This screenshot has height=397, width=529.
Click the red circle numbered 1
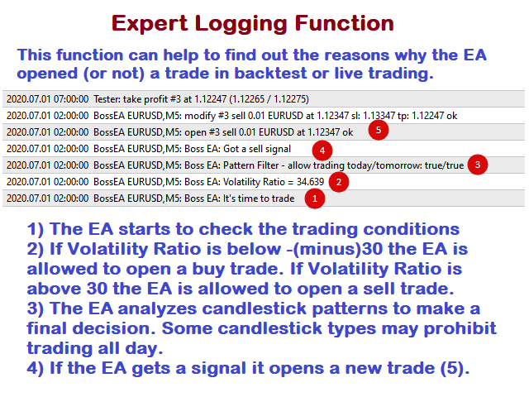point(315,198)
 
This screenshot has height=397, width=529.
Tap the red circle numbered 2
point(339,182)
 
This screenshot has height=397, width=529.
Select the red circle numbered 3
point(478,165)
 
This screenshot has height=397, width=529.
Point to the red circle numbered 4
point(322,151)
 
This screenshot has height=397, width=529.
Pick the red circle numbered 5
point(379,130)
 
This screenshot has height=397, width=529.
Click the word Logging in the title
point(241,24)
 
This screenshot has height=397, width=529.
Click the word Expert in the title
point(150,24)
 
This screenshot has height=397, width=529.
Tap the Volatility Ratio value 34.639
point(310,182)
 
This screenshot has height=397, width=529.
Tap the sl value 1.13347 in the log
point(379,116)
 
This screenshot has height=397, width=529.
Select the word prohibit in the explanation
point(460,328)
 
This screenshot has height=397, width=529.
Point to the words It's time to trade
point(259,198)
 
